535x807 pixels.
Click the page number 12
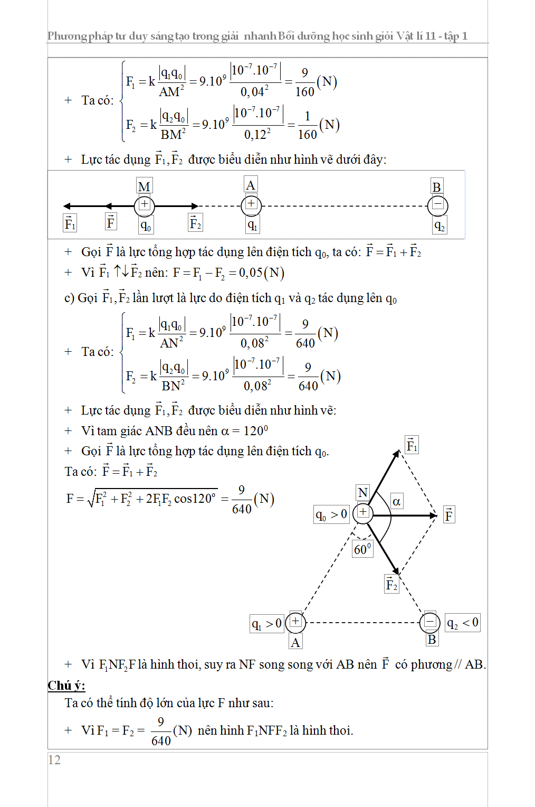coord(54,759)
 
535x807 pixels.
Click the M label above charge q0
coord(144,186)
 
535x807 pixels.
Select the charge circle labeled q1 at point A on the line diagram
coord(251,205)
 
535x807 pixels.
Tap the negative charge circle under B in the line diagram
coord(437,205)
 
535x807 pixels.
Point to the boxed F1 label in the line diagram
coord(70,223)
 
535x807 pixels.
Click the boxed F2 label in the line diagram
coord(195,223)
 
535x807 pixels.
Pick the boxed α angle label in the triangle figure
coord(396,501)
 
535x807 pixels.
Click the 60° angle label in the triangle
coord(362,549)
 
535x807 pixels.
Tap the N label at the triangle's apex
coord(363,493)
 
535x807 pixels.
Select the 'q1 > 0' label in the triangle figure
coord(267,624)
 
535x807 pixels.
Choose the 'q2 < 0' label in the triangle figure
coord(463,623)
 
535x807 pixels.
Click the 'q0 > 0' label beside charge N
coord(331,514)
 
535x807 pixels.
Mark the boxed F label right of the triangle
coord(449,515)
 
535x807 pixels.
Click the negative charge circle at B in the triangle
coord(430,622)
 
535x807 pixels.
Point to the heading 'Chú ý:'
coord(66,686)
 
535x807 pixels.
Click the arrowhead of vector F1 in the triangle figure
coord(397,452)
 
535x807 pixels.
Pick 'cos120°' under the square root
coord(195,499)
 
